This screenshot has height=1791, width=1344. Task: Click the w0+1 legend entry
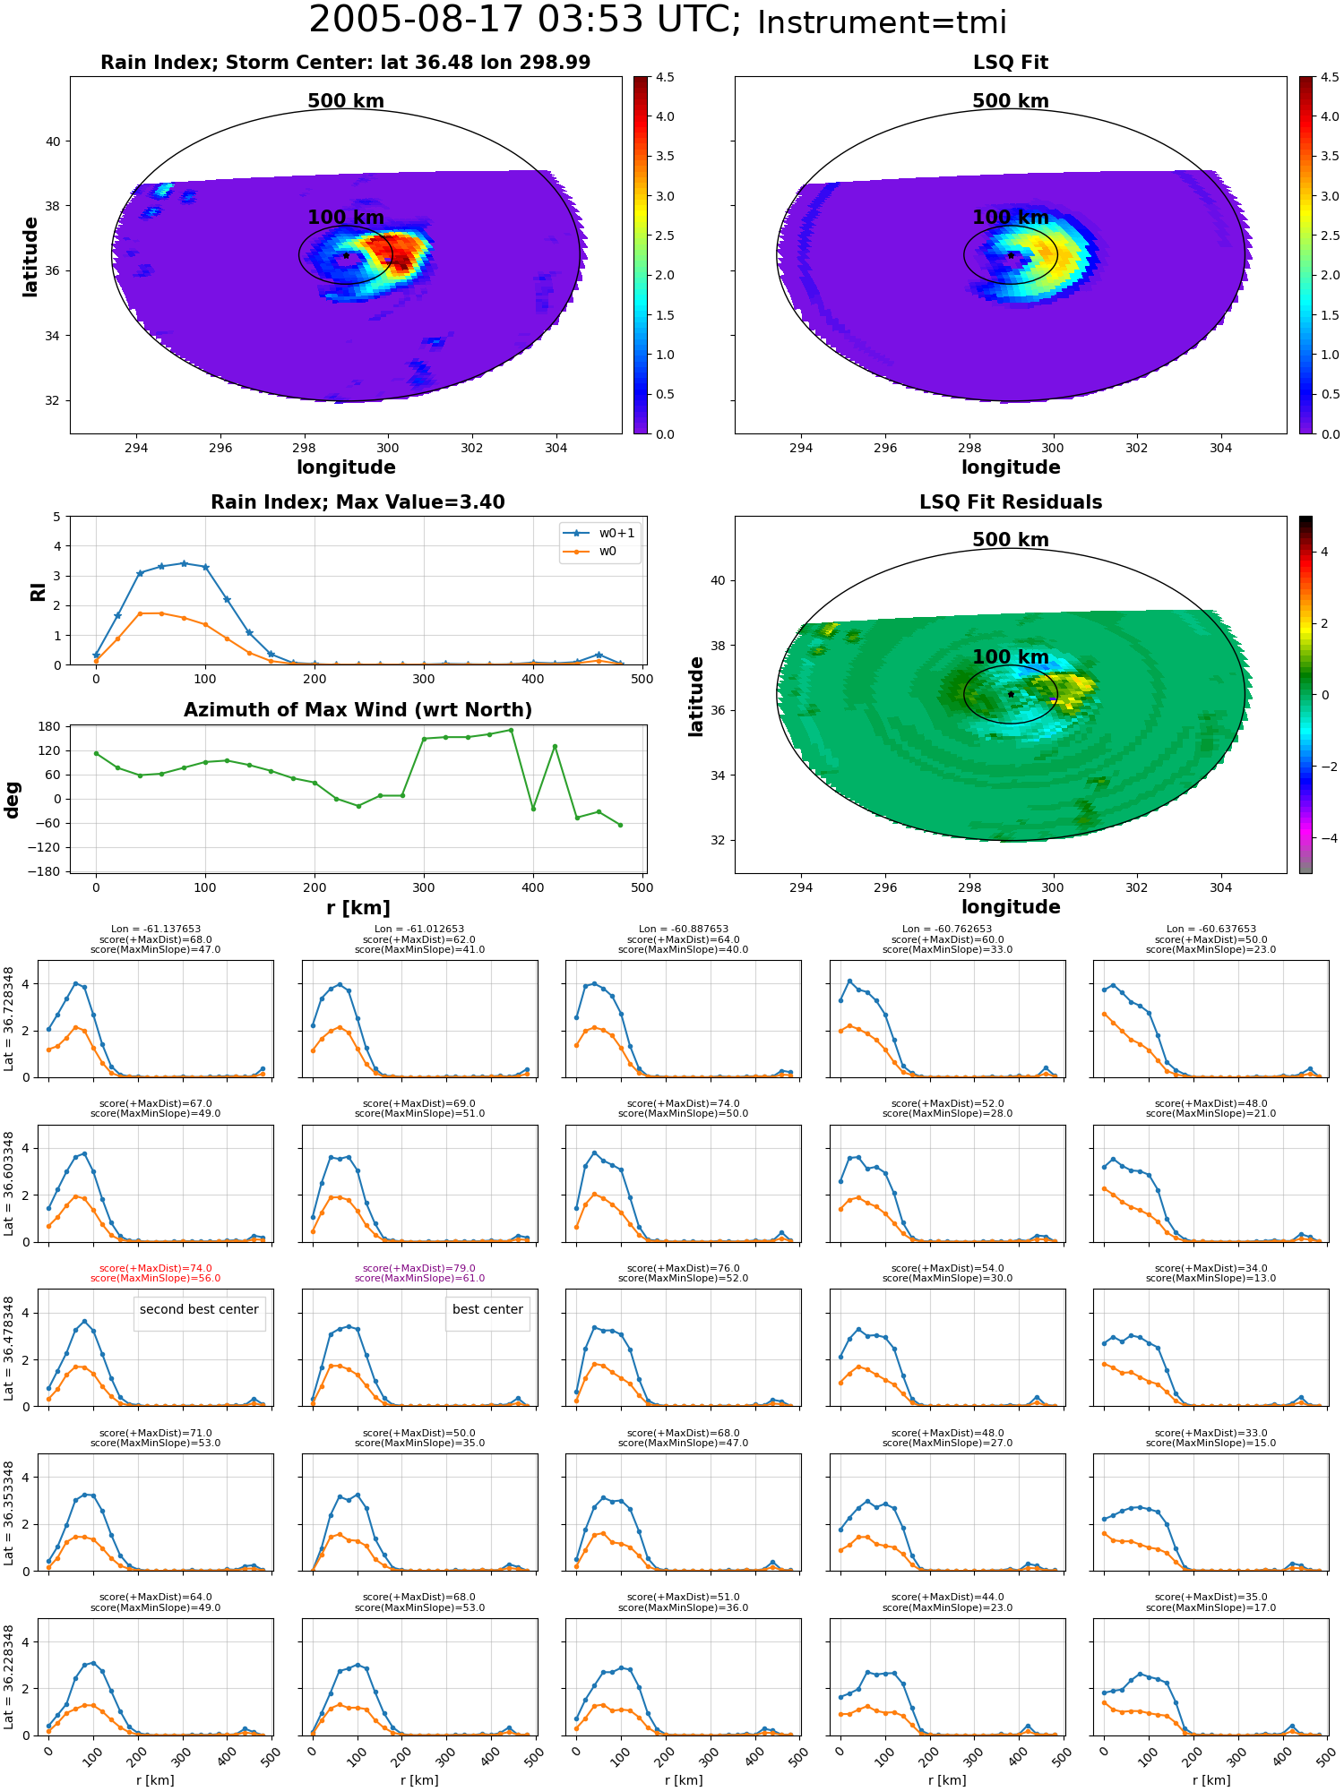[599, 533]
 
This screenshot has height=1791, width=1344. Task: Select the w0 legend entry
[590, 551]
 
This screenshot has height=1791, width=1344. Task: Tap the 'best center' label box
[487, 1309]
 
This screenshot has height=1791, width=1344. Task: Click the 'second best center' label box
[199, 1309]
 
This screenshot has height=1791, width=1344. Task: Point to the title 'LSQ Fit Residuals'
[1011, 502]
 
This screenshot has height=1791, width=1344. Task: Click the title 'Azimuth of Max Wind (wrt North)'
[358, 710]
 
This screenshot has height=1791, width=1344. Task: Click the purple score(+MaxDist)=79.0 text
[419, 1268]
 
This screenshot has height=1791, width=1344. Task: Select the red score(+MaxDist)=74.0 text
[156, 1268]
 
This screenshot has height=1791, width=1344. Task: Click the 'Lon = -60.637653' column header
[1211, 930]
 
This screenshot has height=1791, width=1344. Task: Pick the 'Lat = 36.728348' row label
[9, 1019]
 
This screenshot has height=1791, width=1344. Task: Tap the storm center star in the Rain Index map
[346, 255]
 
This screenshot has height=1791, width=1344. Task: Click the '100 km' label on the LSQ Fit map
[1011, 218]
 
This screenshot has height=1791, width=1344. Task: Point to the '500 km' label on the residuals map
[1011, 540]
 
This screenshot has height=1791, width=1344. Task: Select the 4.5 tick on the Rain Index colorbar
[665, 77]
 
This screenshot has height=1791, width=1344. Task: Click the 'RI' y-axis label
[38, 591]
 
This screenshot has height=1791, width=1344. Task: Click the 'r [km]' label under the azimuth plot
[358, 908]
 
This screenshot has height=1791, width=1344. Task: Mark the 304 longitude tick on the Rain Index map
[556, 448]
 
